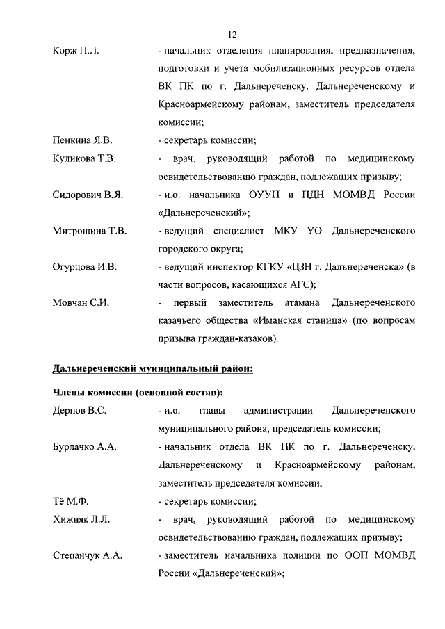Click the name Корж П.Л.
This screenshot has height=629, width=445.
(76, 51)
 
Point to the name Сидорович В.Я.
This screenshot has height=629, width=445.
(88, 194)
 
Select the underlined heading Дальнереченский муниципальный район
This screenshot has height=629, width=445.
(153, 368)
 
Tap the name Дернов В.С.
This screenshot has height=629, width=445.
(79, 411)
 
